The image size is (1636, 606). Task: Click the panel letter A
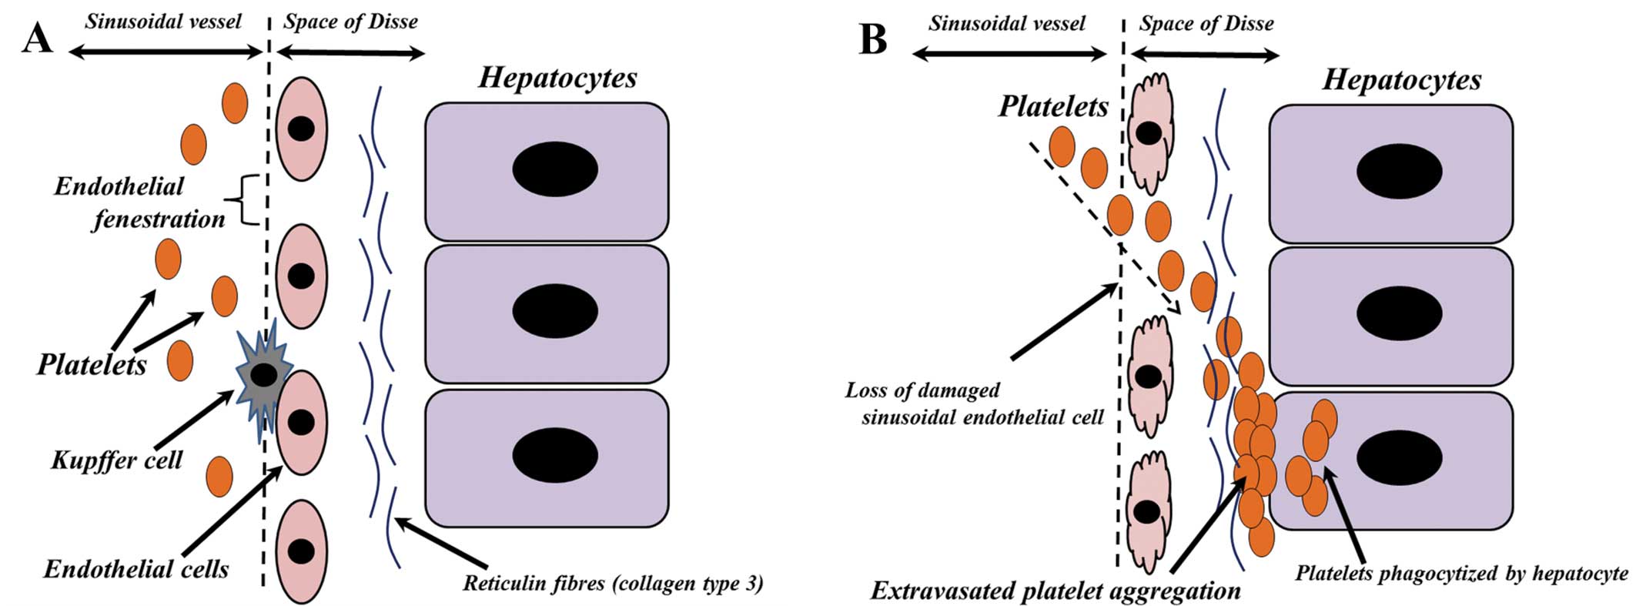click(38, 36)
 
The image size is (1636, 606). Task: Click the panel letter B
click(873, 39)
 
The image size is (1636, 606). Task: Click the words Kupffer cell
click(116, 460)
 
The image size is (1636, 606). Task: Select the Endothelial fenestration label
click(139, 203)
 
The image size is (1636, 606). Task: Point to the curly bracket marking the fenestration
click(247, 199)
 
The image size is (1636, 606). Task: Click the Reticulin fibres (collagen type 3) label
click(612, 582)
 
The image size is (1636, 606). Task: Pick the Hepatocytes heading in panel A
click(557, 77)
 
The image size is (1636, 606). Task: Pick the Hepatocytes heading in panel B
click(1401, 79)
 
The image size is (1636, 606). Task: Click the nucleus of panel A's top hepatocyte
click(554, 169)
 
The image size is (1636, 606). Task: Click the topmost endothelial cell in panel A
click(302, 129)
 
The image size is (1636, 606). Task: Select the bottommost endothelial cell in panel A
click(301, 551)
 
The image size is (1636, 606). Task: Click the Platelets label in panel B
click(1052, 106)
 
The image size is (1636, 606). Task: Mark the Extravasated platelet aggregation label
click(1056, 590)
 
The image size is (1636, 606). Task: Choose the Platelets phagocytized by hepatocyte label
click(1461, 573)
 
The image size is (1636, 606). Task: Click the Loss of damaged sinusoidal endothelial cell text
click(974, 403)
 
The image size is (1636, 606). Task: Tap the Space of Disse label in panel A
click(350, 21)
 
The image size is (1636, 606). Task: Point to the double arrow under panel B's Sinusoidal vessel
click(1009, 54)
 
